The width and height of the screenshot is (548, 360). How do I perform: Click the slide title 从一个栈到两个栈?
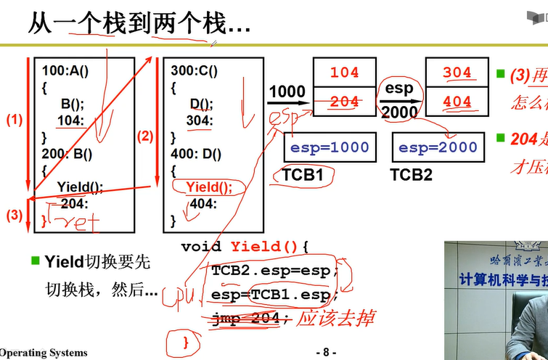coord(138,24)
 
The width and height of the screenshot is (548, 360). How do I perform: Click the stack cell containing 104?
coord(344,73)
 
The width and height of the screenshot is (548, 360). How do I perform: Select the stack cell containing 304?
coord(457,73)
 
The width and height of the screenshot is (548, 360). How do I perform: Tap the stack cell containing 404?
coord(457,102)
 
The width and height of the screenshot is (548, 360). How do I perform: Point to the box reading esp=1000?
coord(330,147)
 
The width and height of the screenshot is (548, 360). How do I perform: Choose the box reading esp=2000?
coord(438,147)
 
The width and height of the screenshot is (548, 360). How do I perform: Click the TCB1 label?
coord(305,175)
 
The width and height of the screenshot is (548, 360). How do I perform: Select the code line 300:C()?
coord(194,72)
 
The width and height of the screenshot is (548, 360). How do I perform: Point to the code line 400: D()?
coord(196,153)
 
